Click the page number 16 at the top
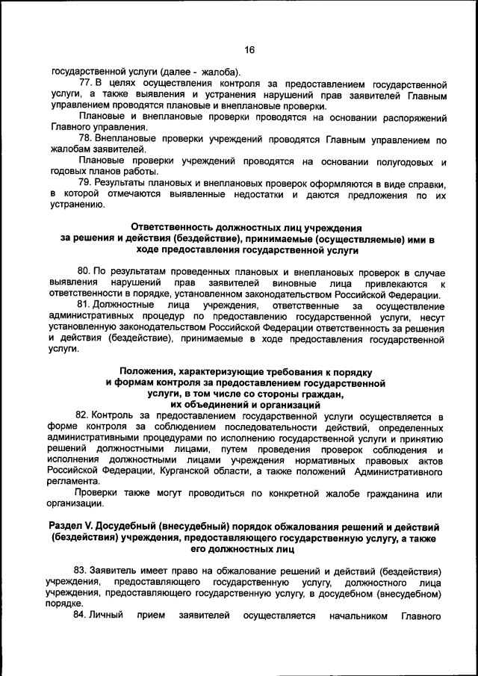249,49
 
